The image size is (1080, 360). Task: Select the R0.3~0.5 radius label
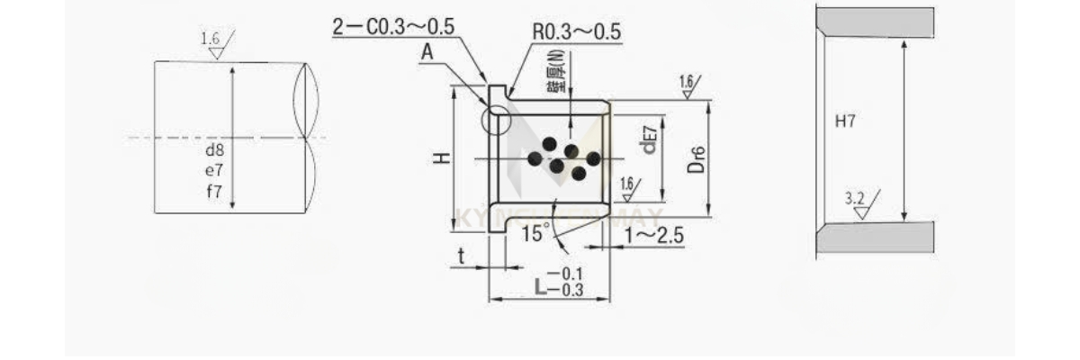click(x=576, y=31)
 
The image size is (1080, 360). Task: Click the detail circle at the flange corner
click(x=496, y=118)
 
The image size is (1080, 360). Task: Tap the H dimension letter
click(x=441, y=157)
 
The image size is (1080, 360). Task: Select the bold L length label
click(x=540, y=287)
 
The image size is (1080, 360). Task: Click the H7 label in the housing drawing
click(x=845, y=121)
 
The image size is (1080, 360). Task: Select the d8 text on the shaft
click(x=214, y=151)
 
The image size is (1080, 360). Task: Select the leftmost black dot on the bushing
click(x=534, y=158)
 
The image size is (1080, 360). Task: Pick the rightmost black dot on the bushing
click(x=593, y=158)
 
